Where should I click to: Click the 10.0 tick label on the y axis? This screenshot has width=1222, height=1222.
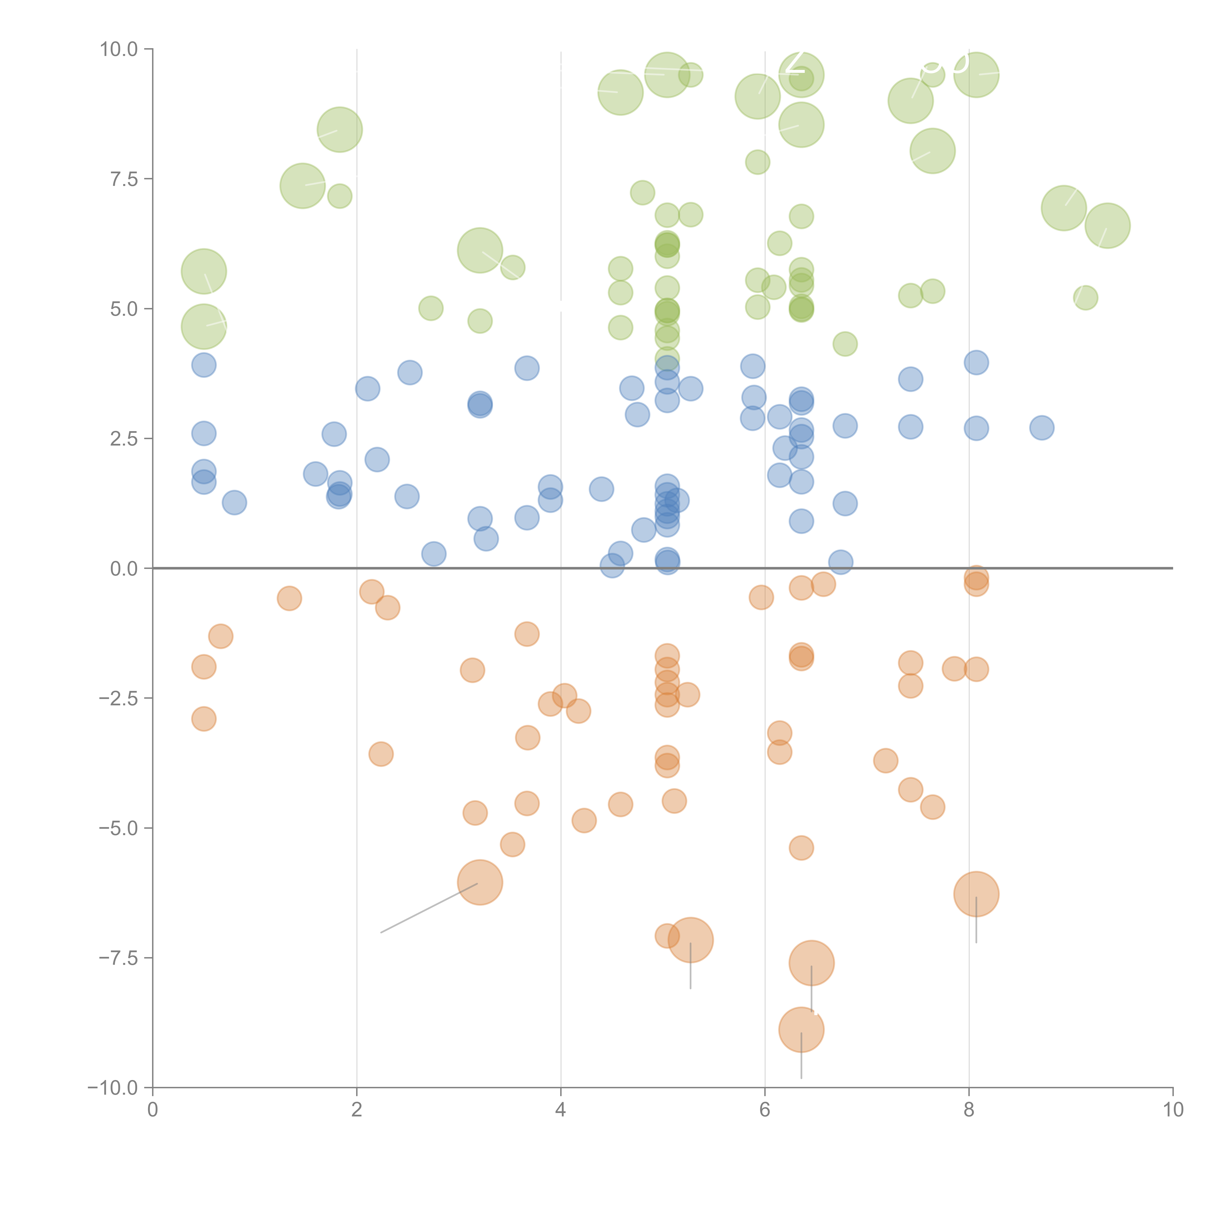(x=119, y=49)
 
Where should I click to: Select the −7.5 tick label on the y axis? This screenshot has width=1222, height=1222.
(x=119, y=958)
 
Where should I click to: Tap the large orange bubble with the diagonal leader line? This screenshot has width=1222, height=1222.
(x=480, y=882)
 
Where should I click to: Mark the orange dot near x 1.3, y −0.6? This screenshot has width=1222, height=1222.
(x=289, y=598)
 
